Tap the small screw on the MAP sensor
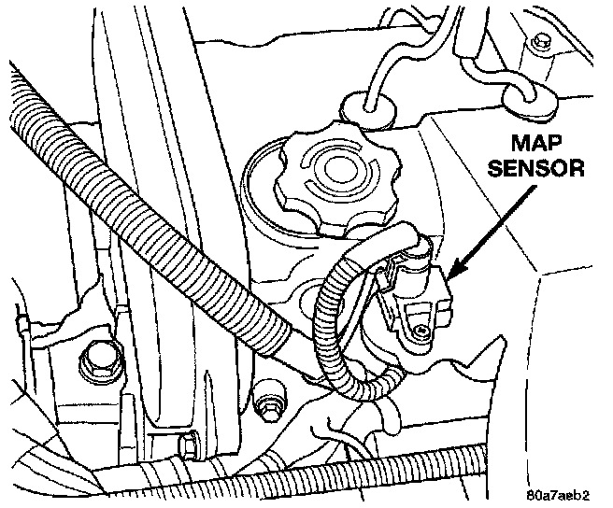pos(423,332)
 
